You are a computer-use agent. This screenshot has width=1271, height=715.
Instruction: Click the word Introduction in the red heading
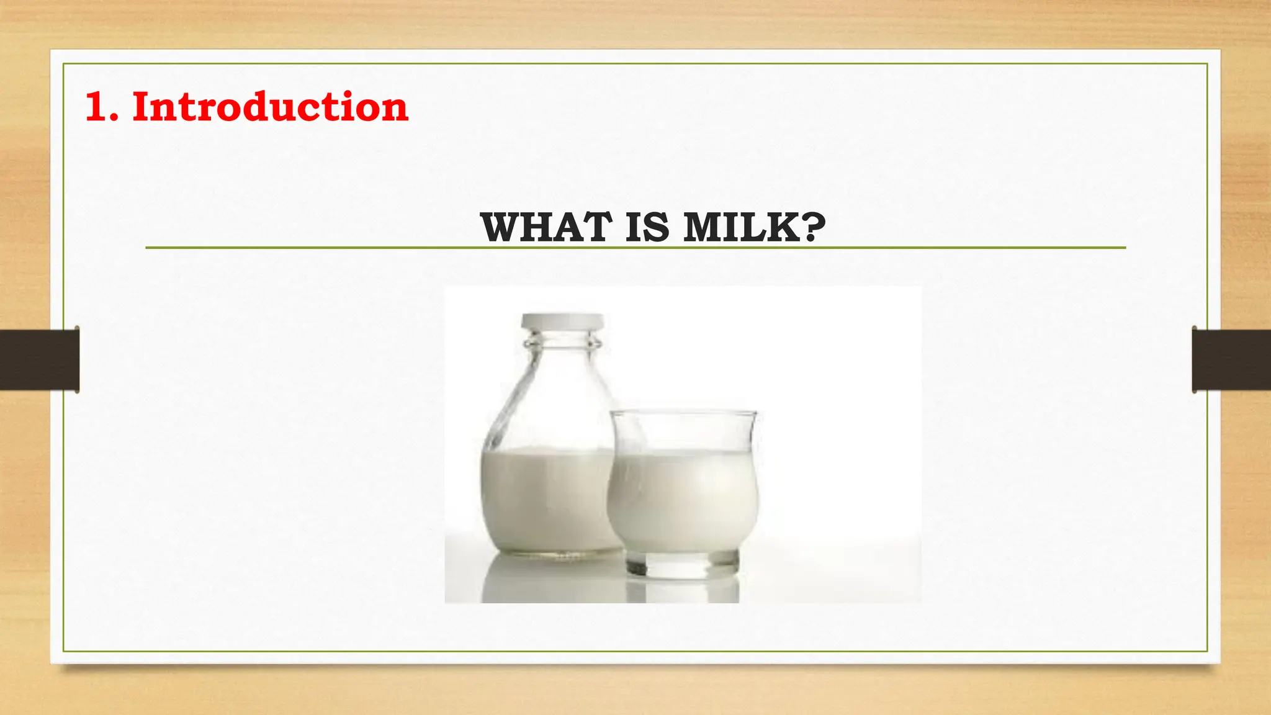tap(270, 107)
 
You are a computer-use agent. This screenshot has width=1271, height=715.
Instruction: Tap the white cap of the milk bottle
tap(562, 322)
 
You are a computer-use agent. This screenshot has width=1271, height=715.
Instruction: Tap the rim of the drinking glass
tap(683, 413)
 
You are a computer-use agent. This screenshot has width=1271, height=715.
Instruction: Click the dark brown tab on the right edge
tap(1231, 360)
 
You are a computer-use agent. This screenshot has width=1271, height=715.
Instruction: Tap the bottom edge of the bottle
tap(552, 552)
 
